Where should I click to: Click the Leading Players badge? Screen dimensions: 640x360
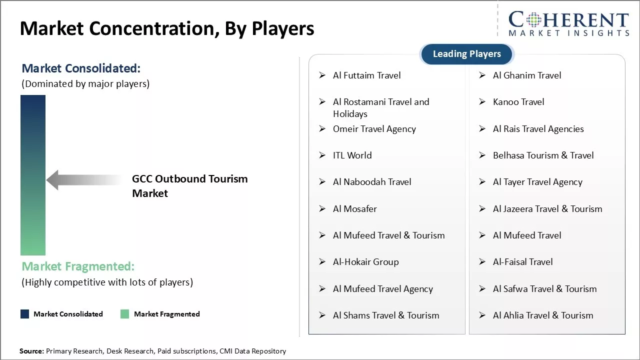point(467,54)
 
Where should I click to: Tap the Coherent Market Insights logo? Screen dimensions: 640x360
point(568,23)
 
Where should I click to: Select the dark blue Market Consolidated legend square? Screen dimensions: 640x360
point(25,314)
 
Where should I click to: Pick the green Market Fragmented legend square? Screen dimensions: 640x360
point(125,314)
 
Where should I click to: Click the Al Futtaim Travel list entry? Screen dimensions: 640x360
point(367,75)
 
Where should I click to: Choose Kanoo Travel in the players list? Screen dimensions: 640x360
point(518,102)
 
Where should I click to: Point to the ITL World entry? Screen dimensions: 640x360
point(352,155)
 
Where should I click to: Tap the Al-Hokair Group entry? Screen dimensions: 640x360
point(365,262)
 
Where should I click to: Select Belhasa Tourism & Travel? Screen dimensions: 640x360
point(543,155)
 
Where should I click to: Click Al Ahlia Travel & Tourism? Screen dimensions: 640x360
point(543,315)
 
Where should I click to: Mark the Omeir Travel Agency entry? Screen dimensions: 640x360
point(374,129)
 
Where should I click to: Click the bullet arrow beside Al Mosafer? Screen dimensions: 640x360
point(322,209)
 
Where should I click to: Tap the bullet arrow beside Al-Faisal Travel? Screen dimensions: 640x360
point(482,261)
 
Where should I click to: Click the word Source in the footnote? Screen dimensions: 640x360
point(31,351)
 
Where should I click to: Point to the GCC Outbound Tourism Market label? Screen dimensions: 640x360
point(189,186)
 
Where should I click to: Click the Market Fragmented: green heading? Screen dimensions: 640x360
point(78,266)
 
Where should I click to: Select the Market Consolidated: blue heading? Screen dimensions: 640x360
point(81,68)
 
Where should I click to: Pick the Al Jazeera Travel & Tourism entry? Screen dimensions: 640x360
point(547,209)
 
